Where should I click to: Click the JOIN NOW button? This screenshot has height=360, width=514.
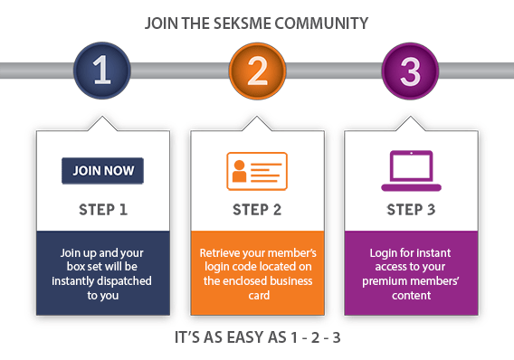coord(102,171)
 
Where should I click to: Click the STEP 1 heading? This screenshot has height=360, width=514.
coord(102,210)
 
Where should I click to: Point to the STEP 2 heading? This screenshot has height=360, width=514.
coord(256,210)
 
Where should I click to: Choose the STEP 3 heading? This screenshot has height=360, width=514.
coord(410,210)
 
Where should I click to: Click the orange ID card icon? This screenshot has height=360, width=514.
coord(256,171)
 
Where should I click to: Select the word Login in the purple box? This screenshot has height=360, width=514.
coord(385,252)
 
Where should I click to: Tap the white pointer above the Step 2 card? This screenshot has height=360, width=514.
coord(256,120)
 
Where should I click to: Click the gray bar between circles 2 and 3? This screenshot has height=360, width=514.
coord(333,70)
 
